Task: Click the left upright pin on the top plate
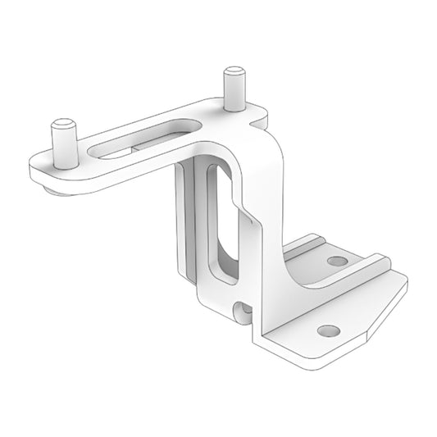(63, 147)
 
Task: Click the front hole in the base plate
(328, 331)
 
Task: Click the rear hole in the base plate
(336, 262)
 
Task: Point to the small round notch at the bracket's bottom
(241, 311)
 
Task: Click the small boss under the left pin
(51, 190)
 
